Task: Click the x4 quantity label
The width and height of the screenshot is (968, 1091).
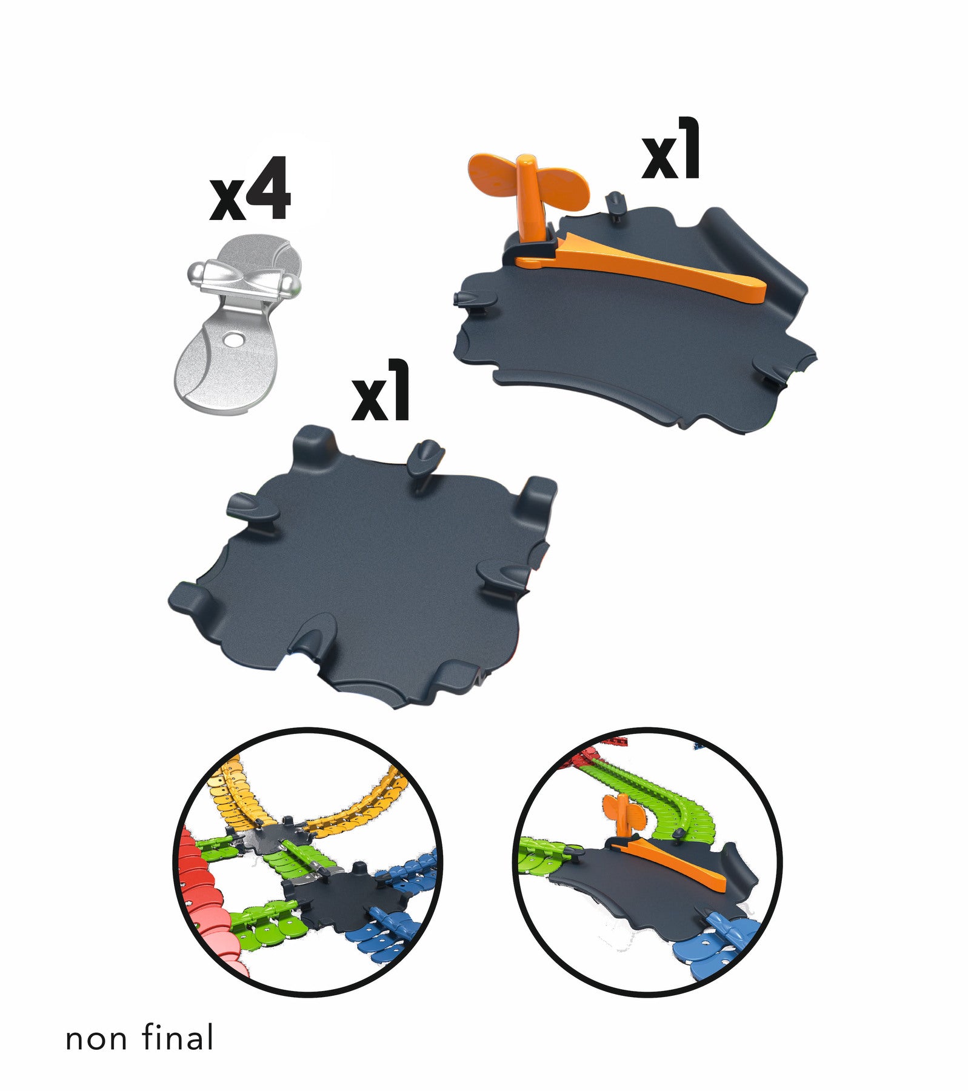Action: coord(250,190)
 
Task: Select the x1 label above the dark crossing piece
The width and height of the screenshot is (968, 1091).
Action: coord(381,391)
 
